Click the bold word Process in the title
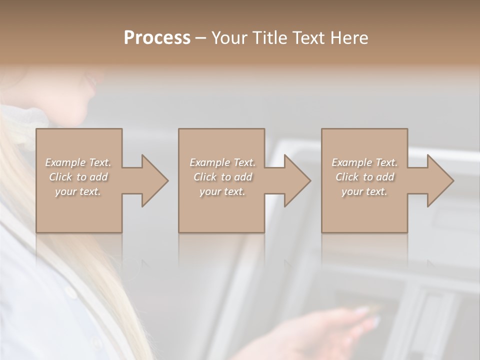157,38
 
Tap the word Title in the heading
269,38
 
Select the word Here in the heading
349,38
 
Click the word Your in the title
230,38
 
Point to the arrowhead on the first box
153,180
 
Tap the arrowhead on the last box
439,180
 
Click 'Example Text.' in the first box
78,162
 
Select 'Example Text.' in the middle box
222,162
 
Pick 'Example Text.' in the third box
364,162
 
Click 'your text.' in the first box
78,191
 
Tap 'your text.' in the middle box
222,191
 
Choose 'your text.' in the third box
364,191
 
